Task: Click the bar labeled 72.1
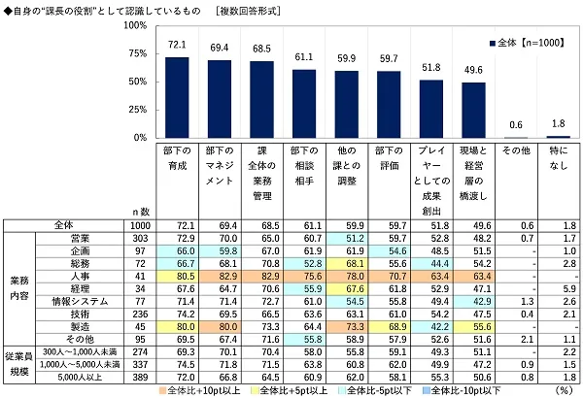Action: tap(177, 98)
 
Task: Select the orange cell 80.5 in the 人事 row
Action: tap(177, 275)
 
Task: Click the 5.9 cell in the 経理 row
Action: tap(558, 288)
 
